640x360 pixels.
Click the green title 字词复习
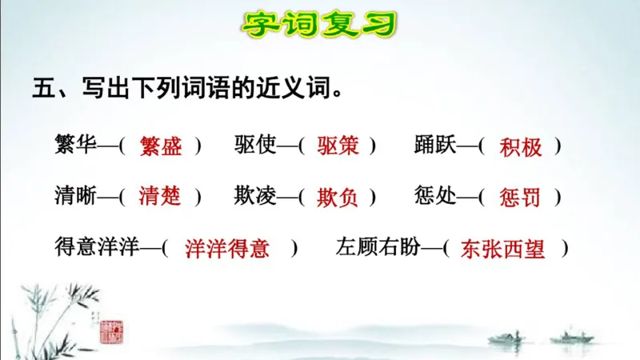pos(319,25)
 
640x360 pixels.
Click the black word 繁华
pos(75,146)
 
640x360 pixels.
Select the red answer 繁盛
pos(160,146)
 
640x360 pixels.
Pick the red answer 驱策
pos(338,146)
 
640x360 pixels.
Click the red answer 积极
pos(520,147)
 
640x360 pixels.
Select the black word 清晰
pos(75,196)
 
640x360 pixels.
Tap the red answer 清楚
pos(160,197)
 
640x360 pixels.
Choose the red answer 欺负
pos(338,197)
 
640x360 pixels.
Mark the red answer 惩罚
pos(520,197)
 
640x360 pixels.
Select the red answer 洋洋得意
pos(227,249)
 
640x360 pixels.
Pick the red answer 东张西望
pos(503,249)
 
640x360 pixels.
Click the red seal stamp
pos(111,330)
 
